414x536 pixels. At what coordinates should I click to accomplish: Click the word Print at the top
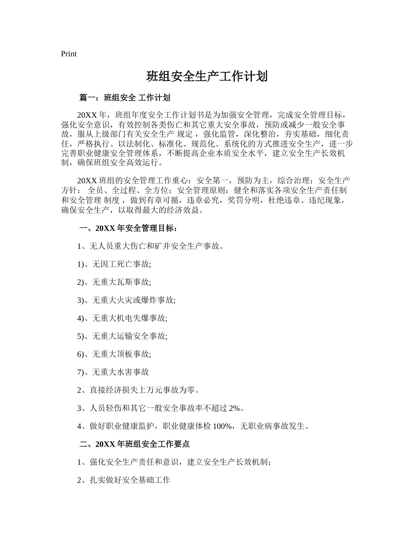click(x=69, y=54)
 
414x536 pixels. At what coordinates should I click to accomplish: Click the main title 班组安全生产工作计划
click(x=207, y=77)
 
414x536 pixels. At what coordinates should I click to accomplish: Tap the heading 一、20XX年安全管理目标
click(x=128, y=228)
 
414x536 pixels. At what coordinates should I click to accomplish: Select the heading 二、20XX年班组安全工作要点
click(x=135, y=444)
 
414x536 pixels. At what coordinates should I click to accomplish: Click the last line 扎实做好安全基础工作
click(x=124, y=480)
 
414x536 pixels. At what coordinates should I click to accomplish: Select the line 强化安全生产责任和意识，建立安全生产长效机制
click(x=174, y=462)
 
